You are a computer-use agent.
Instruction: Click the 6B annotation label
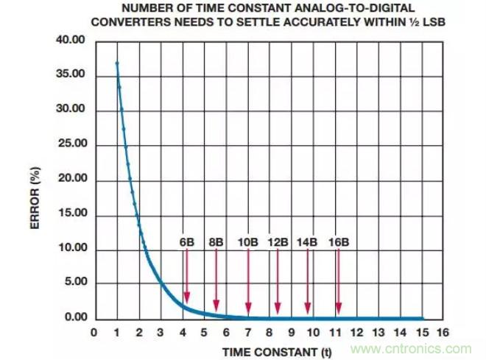pyautogui.click(x=187, y=241)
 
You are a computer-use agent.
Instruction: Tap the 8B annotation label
pyautogui.click(x=216, y=241)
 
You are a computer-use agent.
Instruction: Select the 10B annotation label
pyautogui.click(x=248, y=241)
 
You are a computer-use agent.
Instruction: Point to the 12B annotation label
pyautogui.click(x=278, y=241)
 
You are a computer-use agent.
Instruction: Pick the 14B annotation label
pyautogui.click(x=307, y=241)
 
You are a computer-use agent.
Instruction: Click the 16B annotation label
pyautogui.click(x=338, y=241)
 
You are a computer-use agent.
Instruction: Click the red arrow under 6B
pyautogui.click(x=187, y=275)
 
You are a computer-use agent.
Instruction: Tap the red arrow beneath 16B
pyautogui.click(x=338, y=280)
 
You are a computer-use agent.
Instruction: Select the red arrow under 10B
pyautogui.click(x=248, y=280)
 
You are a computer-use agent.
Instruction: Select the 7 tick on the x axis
pyautogui.click(x=248, y=333)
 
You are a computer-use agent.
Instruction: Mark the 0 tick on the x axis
pyautogui.click(x=94, y=333)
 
